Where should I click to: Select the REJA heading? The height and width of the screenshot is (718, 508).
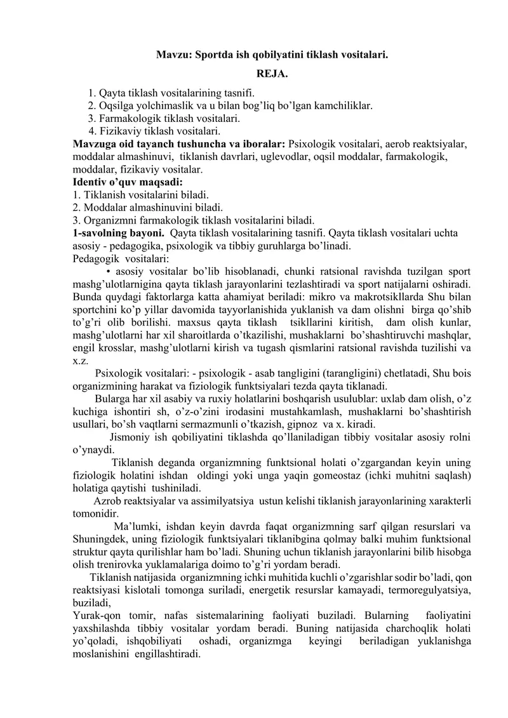(272, 76)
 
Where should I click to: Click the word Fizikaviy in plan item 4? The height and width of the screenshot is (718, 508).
(120, 132)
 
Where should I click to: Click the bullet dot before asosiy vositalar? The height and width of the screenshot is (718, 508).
(119, 272)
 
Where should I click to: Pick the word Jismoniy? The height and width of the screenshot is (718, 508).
(130, 437)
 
